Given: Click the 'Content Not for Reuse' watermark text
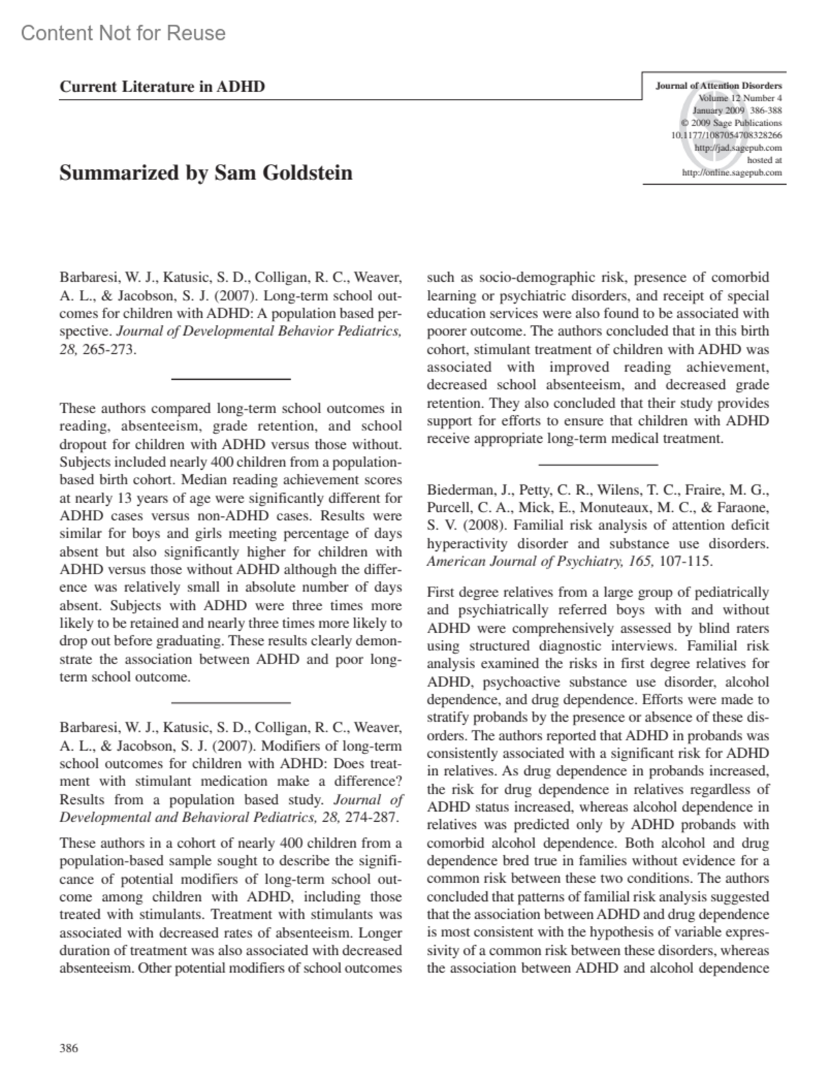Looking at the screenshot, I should click(x=123, y=33).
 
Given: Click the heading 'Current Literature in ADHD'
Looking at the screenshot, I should click(x=162, y=86).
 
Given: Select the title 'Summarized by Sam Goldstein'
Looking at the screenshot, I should click(x=205, y=172).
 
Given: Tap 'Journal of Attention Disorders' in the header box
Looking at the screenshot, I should click(x=719, y=86).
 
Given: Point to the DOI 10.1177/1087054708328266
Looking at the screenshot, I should click(x=726, y=135).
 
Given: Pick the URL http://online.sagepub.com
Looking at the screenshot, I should click(x=732, y=172).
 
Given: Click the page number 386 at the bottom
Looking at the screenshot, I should click(x=68, y=1048).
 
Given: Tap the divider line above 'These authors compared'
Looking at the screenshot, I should click(x=230, y=378).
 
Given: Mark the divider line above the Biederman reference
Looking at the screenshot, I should click(x=598, y=464).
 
